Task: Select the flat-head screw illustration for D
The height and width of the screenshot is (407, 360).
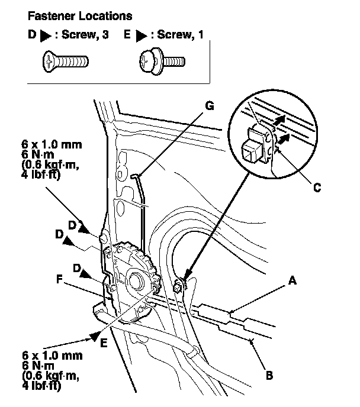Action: click(66, 60)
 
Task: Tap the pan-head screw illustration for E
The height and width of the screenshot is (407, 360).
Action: click(161, 60)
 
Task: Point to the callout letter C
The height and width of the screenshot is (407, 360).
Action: click(317, 188)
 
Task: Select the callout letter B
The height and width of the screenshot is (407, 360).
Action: click(269, 375)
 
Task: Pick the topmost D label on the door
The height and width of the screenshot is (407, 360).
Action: click(72, 225)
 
